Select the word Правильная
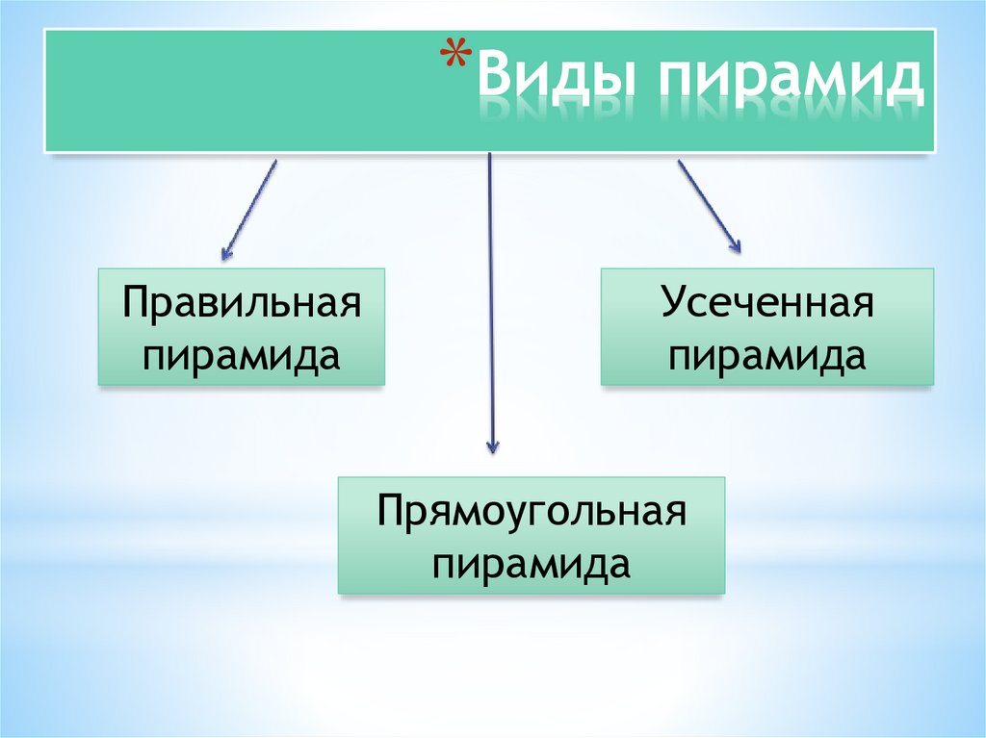tap(241, 306)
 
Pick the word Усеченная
tap(767, 306)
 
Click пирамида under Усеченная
tap(767, 356)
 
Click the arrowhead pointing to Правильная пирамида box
tap(226, 255)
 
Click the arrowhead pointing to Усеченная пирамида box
tap(735, 247)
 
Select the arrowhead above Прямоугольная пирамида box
tap(492, 445)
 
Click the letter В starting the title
tap(493, 81)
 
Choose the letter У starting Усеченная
tap(670, 306)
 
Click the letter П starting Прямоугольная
tap(389, 511)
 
